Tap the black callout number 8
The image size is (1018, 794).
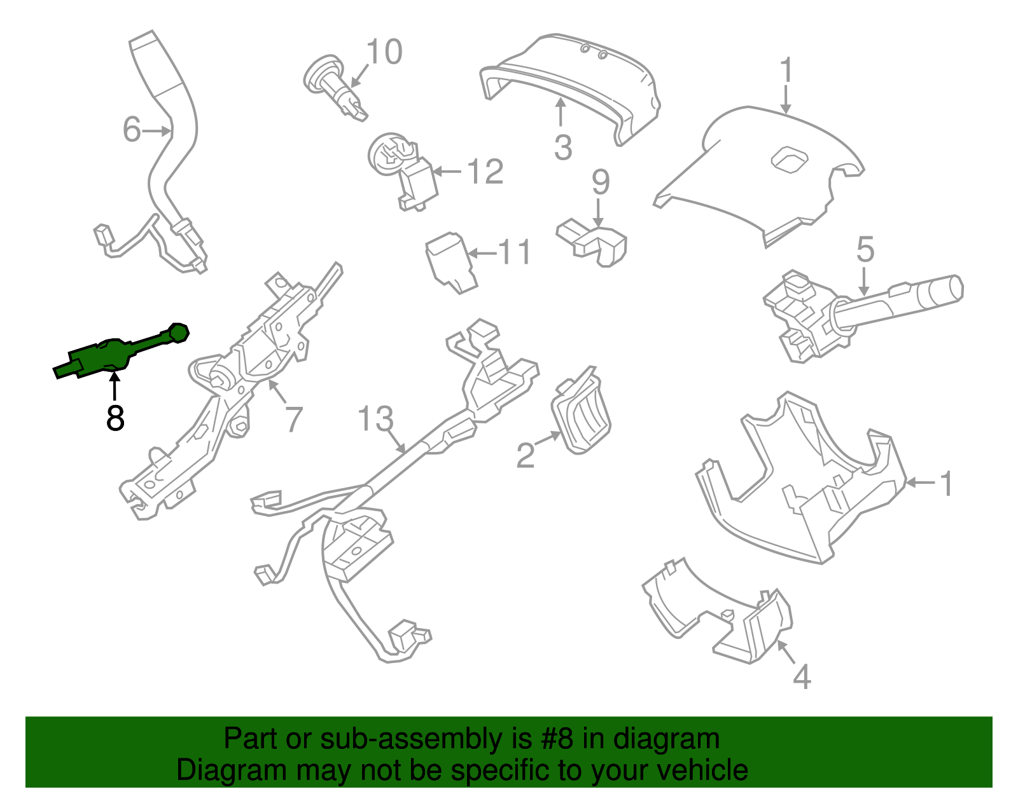click(115, 418)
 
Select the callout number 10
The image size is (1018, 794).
click(384, 52)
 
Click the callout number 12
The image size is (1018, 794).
click(485, 172)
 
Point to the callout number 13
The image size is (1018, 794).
click(375, 419)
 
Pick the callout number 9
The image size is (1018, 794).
click(601, 182)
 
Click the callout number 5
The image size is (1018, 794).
click(865, 250)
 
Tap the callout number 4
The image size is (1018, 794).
click(802, 677)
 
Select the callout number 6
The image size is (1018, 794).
click(131, 130)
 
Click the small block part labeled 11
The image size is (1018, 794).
click(450, 263)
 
